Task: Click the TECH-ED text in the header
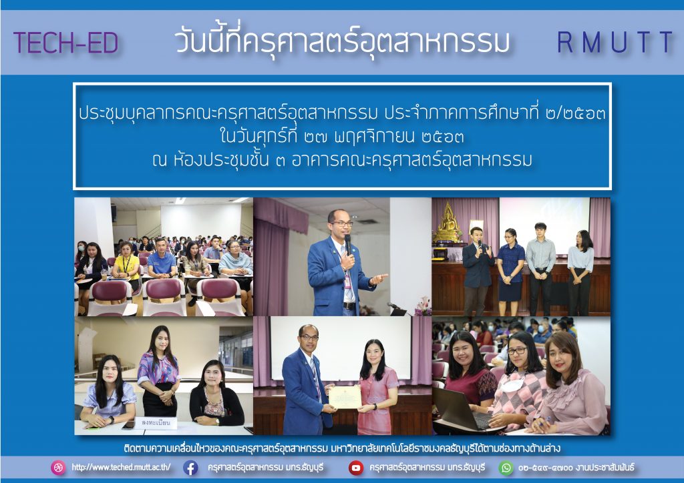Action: coord(66,43)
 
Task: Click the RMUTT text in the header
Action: coord(615,42)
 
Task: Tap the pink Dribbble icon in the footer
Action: coord(58,468)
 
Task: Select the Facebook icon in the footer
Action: coord(190,468)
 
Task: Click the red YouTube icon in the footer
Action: coord(356,468)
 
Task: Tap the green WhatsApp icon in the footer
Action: coord(506,468)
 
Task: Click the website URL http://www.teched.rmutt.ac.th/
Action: coord(121,467)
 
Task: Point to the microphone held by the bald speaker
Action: coord(348,244)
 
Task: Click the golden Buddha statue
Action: coord(448,222)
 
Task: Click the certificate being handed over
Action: coord(345,397)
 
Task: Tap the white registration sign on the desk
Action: coord(156,423)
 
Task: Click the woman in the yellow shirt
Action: coord(126,270)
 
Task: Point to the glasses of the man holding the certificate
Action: coord(309,337)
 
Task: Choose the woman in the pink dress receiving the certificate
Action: coord(376,387)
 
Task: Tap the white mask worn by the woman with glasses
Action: coord(512,384)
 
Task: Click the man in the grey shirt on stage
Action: coord(540,269)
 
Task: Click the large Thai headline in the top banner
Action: coord(342,42)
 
